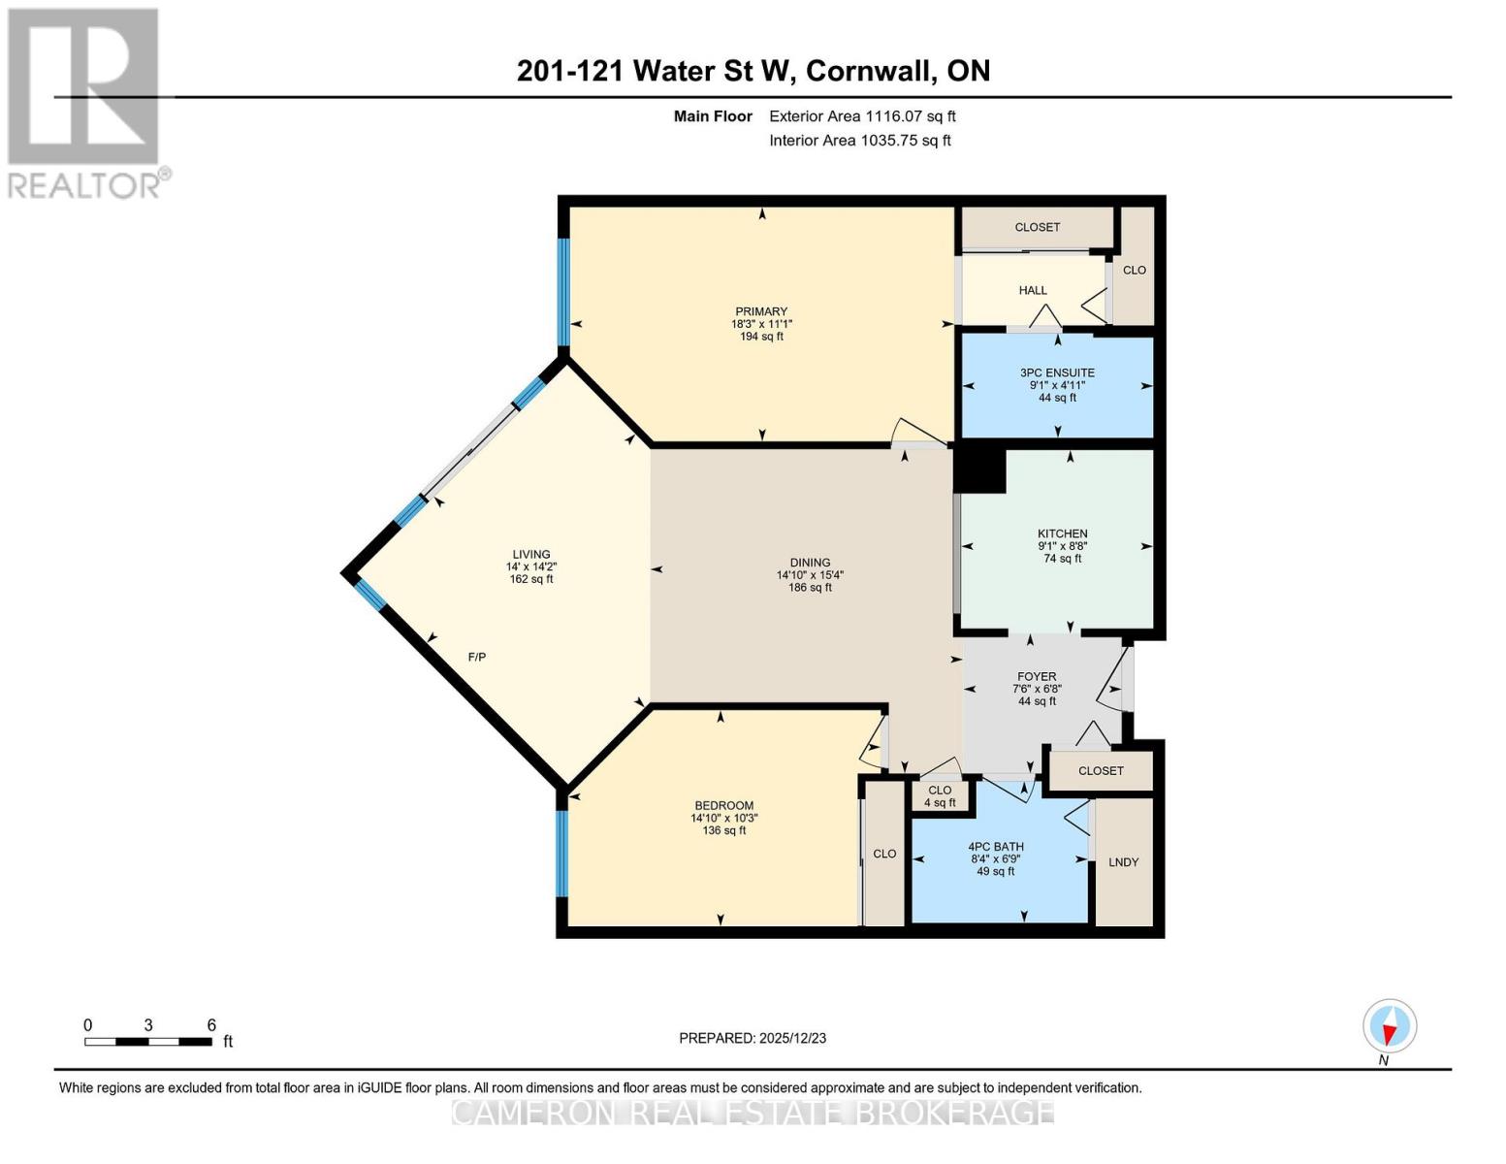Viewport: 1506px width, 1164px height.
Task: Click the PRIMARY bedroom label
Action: [x=761, y=312]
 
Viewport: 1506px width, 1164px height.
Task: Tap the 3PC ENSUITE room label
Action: [x=1057, y=372]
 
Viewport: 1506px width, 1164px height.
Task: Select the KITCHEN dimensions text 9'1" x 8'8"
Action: [x=1062, y=546]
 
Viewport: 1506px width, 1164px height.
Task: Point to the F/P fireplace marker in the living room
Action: [x=477, y=658]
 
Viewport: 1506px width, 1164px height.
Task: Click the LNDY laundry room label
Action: [x=1123, y=862]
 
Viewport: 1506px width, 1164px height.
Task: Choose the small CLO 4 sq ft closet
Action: [x=940, y=796]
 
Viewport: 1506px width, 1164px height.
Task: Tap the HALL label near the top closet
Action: [x=1033, y=290]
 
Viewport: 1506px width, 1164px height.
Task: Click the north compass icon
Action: [x=1390, y=1026]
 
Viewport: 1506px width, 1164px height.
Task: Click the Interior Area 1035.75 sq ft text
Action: [x=860, y=141]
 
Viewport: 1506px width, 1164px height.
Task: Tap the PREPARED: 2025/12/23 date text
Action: [x=753, y=1038]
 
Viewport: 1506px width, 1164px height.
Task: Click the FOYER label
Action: [x=1037, y=677]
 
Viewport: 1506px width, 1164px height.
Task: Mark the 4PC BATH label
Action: [x=996, y=847]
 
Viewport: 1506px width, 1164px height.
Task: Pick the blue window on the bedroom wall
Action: [x=561, y=853]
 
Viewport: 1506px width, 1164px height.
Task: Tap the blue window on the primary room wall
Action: [x=563, y=291]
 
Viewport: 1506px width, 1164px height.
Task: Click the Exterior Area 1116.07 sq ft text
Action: [x=862, y=116]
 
